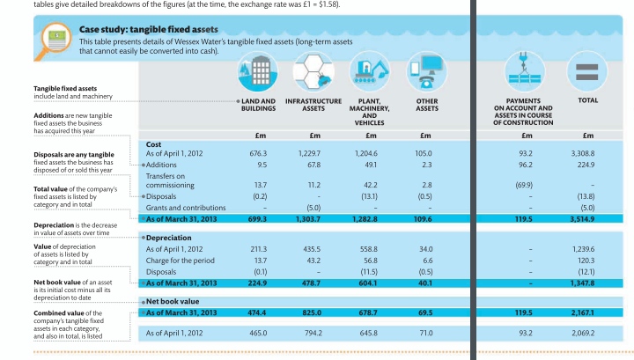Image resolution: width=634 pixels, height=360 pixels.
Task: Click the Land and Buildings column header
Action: click(x=258, y=106)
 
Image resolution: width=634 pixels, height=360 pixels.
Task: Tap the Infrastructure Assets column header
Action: click(x=314, y=106)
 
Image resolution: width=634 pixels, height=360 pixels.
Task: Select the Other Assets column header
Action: click(x=426, y=106)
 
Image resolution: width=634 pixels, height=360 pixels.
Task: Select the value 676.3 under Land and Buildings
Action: click(x=258, y=154)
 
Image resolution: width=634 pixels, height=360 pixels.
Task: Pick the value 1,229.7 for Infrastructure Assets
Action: click(x=314, y=154)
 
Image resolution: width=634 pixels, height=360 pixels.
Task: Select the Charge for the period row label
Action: click(x=180, y=261)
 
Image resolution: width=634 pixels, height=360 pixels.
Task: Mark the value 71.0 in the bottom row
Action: click(x=426, y=334)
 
